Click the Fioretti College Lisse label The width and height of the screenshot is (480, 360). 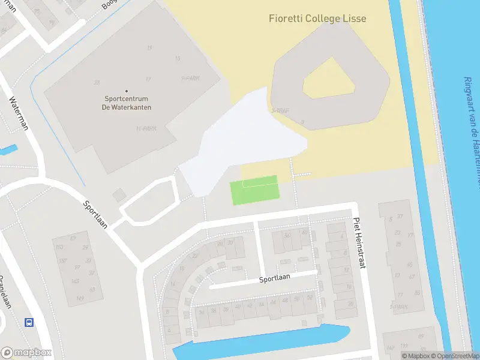pyautogui.click(x=317, y=19)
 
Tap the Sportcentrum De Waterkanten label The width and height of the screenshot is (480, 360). pyautogui.click(x=127, y=103)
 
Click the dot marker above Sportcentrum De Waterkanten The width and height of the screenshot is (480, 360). pyautogui.click(x=127, y=91)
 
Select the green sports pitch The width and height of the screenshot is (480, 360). pyautogui.click(x=254, y=191)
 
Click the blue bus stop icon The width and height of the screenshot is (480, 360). pyautogui.click(x=28, y=322)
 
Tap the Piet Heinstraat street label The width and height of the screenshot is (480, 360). pyautogui.click(x=359, y=242)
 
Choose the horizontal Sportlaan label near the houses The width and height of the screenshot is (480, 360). pyautogui.click(x=274, y=280)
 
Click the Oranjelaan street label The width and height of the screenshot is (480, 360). pyautogui.click(x=5, y=292)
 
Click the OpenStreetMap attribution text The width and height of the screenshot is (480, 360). pyautogui.click(x=454, y=356)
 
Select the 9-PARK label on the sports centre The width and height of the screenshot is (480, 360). pyautogui.click(x=190, y=78)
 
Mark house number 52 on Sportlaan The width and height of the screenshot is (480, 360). pyautogui.click(x=310, y=298)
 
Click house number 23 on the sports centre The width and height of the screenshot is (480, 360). pyautogui.click(x=97, y=82)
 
